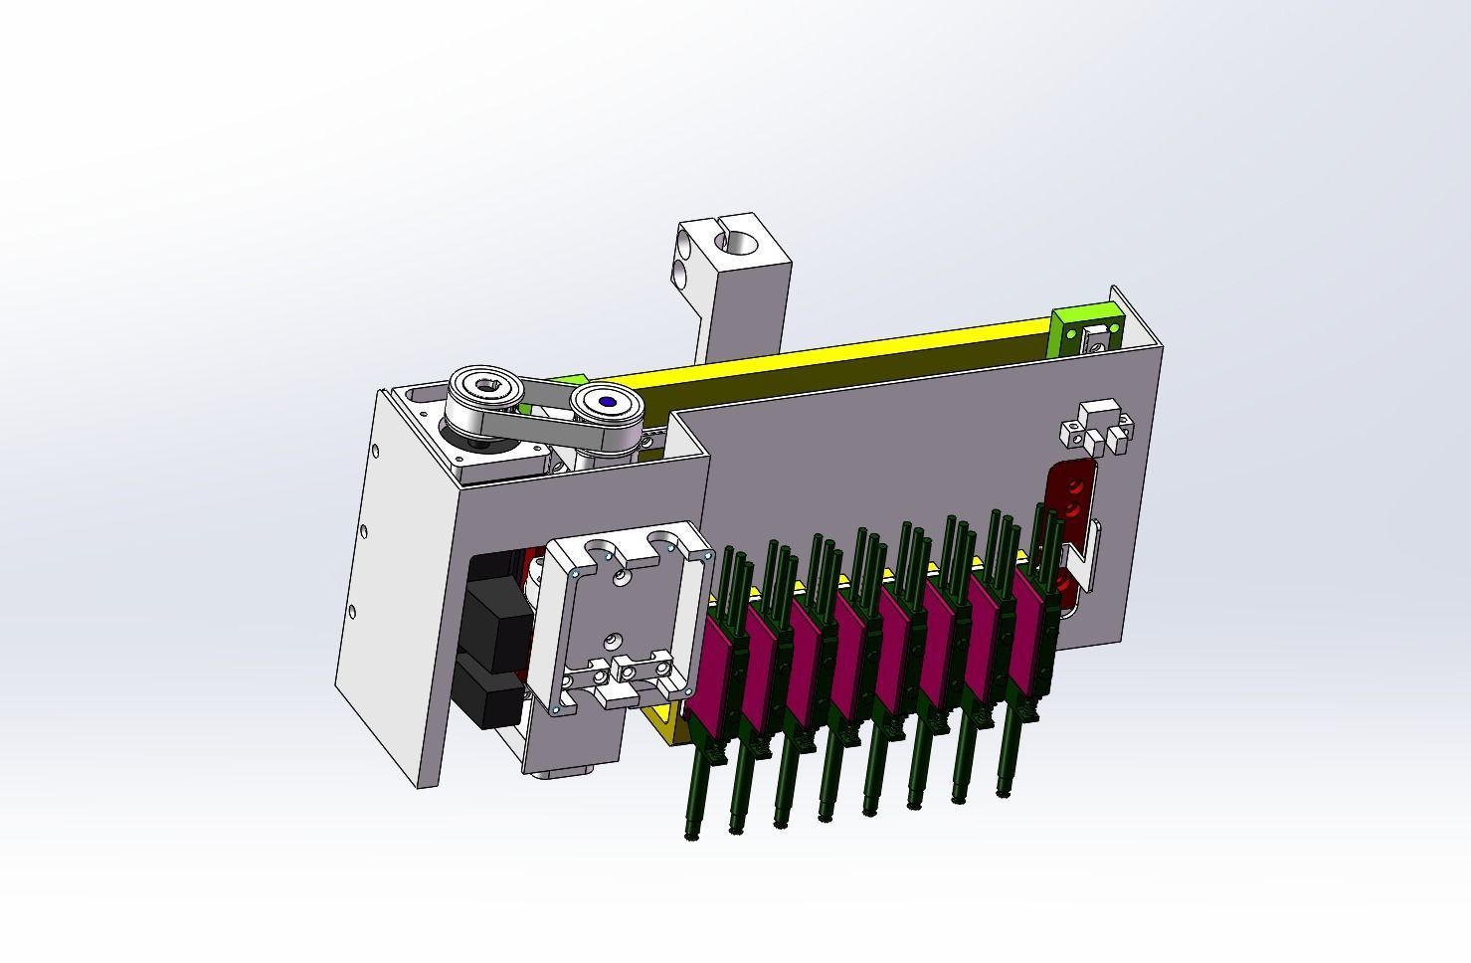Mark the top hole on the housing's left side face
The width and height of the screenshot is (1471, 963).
tap(376, 449)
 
